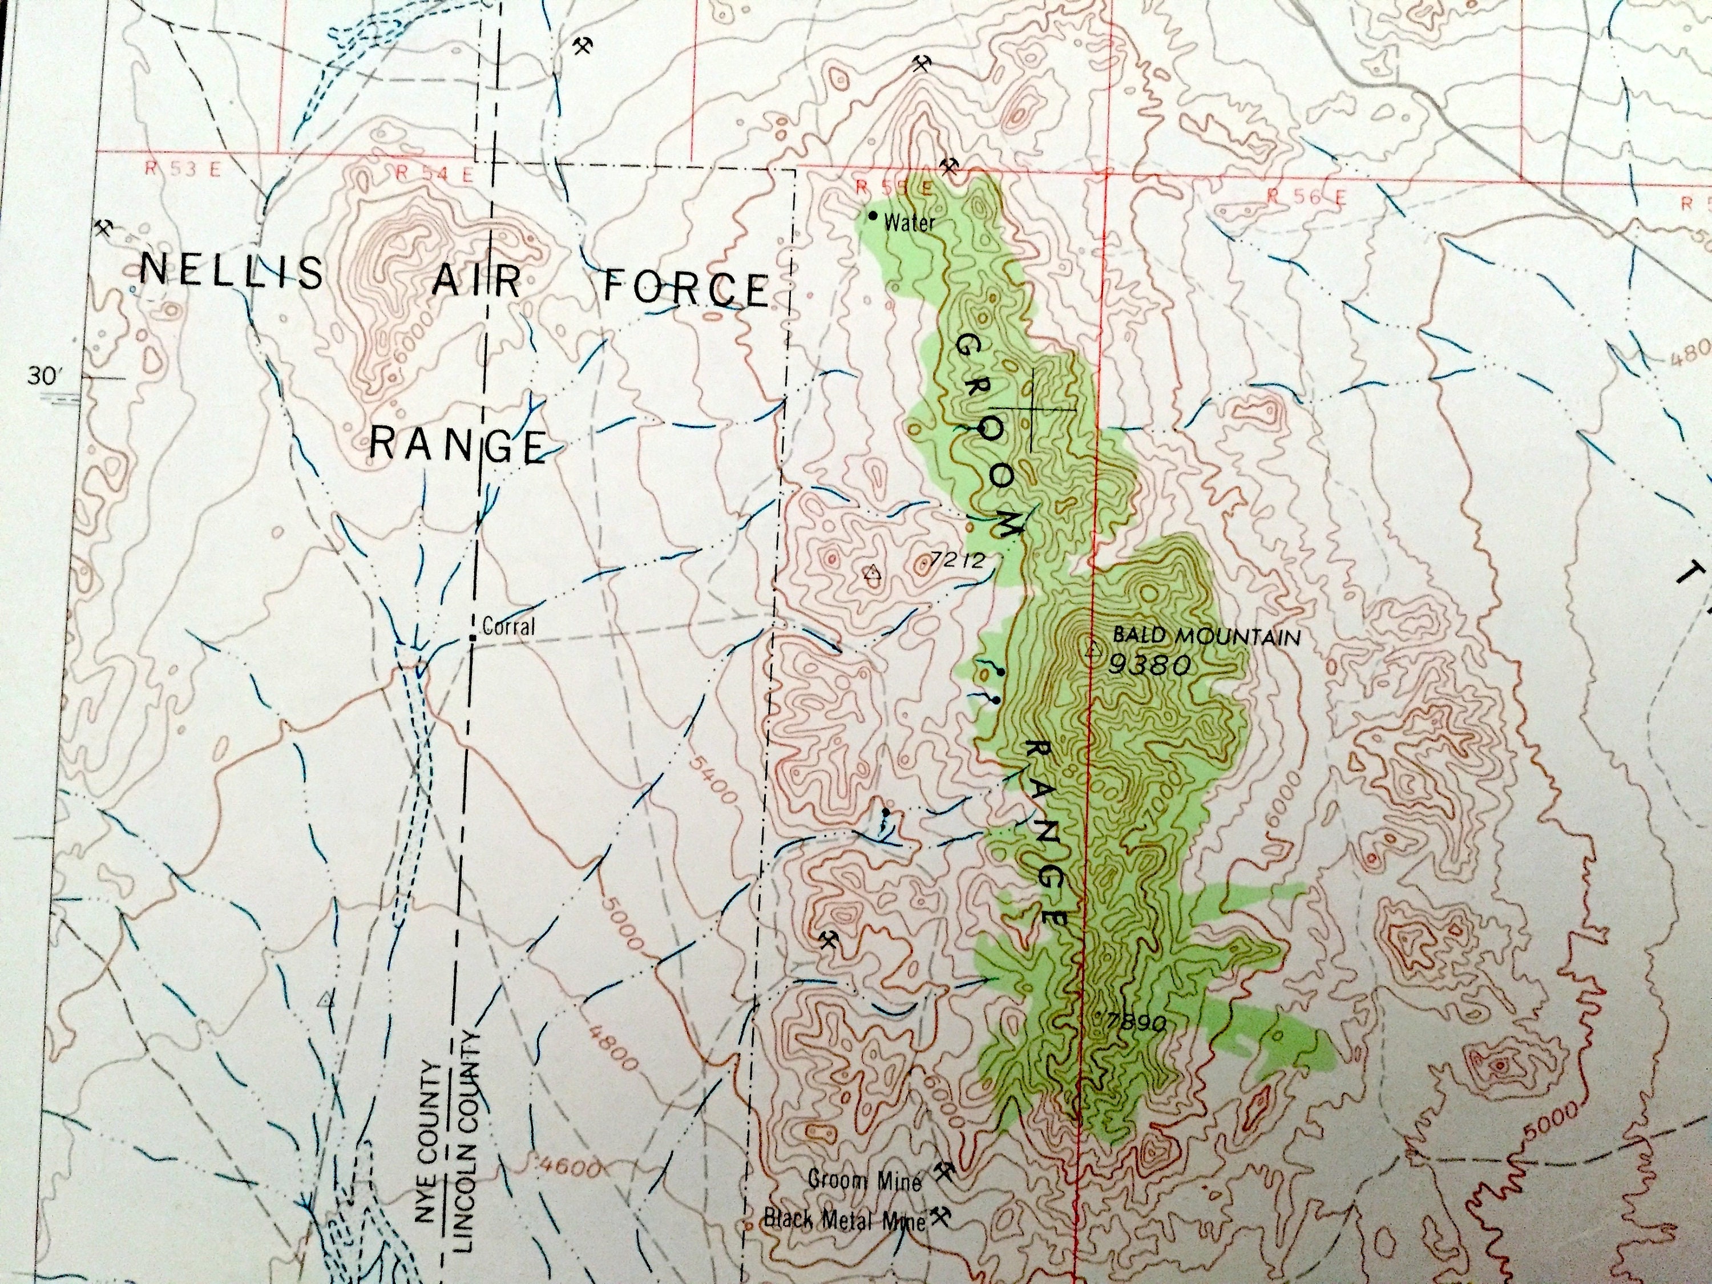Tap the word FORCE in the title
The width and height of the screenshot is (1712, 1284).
click(686, 288)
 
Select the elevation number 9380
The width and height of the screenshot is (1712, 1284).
click(1148, 664)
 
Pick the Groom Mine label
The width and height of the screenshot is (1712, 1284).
click(865, 1180)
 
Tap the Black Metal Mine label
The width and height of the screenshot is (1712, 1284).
click(845, 1220)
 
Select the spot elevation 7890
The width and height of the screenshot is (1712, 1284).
click(1136, 1023)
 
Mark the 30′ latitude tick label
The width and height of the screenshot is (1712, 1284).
click(43, 377)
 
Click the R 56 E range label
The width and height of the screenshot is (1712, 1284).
click(1306, 197)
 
